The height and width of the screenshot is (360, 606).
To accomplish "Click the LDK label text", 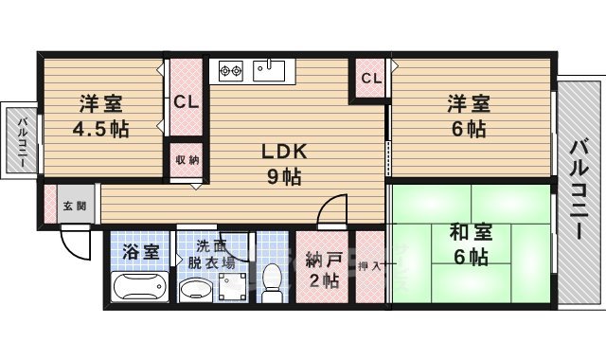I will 281,152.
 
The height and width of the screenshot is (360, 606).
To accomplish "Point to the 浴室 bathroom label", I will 138,253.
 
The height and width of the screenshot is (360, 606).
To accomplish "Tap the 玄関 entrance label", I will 74,206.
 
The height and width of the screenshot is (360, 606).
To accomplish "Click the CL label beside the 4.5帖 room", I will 186,102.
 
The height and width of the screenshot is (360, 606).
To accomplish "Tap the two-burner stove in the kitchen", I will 232,69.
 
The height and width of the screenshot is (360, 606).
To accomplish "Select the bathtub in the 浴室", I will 138,286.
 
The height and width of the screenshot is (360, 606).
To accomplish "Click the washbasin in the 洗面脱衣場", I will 195,288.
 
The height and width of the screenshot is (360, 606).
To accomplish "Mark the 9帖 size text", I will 281,175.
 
